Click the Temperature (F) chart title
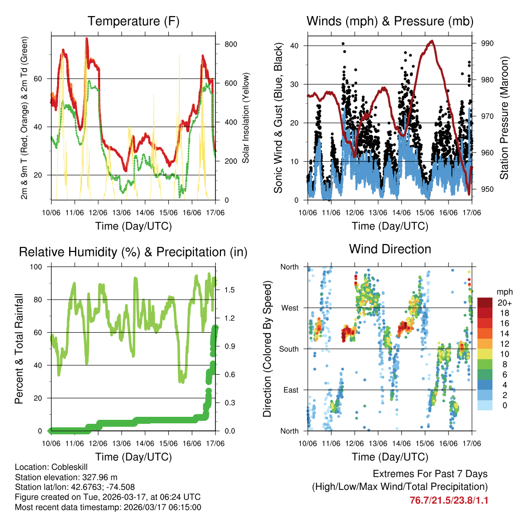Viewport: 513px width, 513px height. (x=133, y=22)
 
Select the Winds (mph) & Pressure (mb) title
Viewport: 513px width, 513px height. (x=390, y=22)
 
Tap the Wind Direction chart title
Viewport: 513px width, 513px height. (x=390, y=249)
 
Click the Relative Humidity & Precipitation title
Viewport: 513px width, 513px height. (x=133, y=252)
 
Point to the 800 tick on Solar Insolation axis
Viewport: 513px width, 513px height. (x=230, y=44)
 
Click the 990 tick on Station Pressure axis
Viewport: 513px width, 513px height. (x=487, y=44)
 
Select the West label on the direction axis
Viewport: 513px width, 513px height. (x=290, y=308)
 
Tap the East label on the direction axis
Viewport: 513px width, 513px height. (x=290, y=390)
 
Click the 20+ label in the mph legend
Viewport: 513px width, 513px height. (x=503, y=303)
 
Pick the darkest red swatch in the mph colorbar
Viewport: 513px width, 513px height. (x=484, y=302)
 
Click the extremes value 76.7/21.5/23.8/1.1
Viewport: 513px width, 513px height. (x=449, y=500)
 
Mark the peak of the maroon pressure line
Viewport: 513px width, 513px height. (x=431, y=41)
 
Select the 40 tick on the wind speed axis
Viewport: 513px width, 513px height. (x=295, y=46)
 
